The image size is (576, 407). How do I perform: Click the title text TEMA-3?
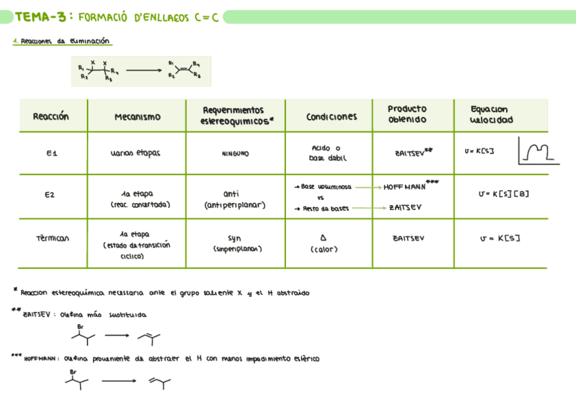coord(41,16)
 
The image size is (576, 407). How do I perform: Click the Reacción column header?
coord(51,116)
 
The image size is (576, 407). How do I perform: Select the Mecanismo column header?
coord(137,117)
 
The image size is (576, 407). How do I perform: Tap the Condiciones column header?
coord(331,117)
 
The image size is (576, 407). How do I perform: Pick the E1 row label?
coord(52,154)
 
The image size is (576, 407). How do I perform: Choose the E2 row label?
coord(49,195)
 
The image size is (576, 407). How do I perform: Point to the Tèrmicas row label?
coord(52,238)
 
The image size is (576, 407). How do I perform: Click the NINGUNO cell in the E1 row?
coord(236,154)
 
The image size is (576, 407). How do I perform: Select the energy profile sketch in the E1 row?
coord(538,150)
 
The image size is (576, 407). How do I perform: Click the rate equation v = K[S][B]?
coord(503,194)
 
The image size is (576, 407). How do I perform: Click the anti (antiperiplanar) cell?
coord(234,198)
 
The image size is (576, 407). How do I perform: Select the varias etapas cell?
coord(134,154)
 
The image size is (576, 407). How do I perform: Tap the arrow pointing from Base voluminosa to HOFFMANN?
coord(367,186)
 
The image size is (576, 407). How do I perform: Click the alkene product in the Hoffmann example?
coord(160,384)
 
